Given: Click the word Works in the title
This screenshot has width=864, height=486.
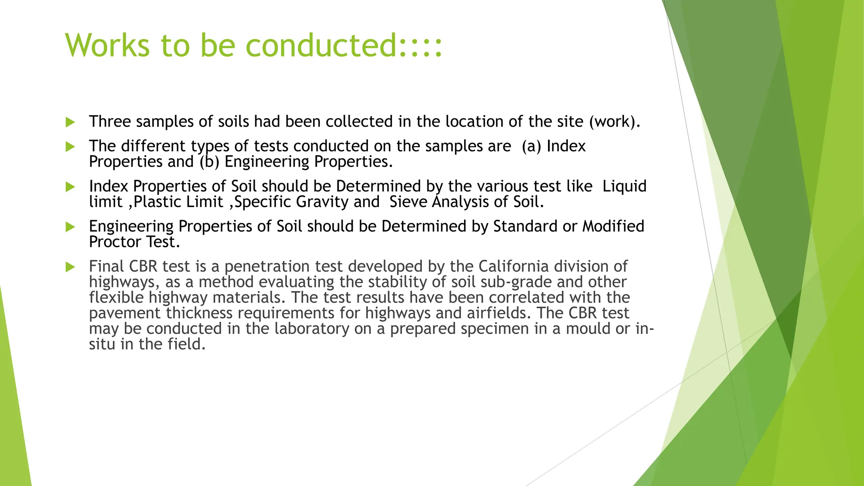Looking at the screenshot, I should click(108, 45).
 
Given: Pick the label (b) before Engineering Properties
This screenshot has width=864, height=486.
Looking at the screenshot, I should click(209, 162).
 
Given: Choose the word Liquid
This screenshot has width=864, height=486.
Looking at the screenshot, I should click(624, 186).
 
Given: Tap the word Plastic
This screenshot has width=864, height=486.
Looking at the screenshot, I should click(157, 202).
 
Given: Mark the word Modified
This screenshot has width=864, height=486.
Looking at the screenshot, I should click(613, 226).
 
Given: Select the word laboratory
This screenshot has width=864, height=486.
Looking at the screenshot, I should click(312, 329).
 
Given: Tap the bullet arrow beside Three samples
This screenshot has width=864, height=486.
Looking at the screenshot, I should click(70, 122).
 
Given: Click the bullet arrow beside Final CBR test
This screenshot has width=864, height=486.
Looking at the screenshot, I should click(70, 267).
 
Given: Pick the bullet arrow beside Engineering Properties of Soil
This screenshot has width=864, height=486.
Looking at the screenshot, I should click(70, 227).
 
